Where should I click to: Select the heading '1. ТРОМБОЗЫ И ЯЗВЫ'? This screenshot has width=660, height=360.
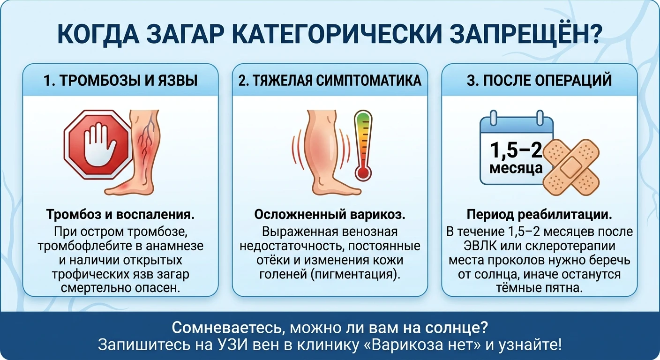(x=120, y=81)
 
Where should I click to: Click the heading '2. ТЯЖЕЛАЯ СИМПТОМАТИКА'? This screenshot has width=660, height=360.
(x=330, y=81)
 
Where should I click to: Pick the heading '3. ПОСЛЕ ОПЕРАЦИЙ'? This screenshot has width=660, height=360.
(x=539, y=81)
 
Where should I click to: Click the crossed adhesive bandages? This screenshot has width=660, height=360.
(x=571, y=167)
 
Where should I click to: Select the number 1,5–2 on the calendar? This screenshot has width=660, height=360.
(x=516, y=150)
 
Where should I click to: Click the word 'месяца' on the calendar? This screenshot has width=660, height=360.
(x=516, y=168)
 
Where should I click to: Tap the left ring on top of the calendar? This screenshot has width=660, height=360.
(x=493, y=118)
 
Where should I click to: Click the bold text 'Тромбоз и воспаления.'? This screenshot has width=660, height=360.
(x=120, y=215)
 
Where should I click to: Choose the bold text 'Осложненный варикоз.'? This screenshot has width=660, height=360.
(x=330, y=215)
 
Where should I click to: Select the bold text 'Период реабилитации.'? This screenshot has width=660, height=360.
(x=539, y=215)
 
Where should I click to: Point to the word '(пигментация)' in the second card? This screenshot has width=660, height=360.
(x=355, y=274)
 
